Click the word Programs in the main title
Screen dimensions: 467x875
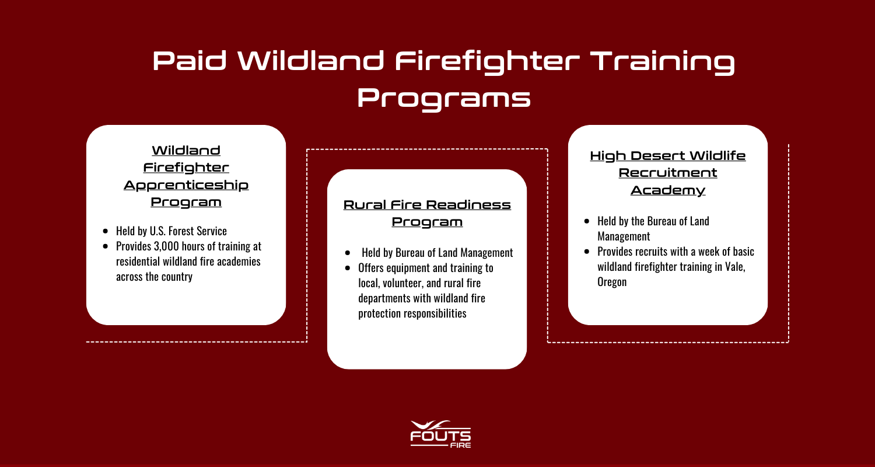(443, 97)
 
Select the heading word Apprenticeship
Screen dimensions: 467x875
(186, 185)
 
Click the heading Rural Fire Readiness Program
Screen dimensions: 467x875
(427, 214)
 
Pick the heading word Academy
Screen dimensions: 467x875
(668, 190)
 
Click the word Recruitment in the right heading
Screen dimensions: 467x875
(668, 173)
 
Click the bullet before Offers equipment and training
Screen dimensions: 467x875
(348, 269)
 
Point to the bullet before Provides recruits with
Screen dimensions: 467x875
(587, 252)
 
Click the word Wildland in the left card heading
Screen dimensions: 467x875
(186, 151)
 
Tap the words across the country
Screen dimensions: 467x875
(154, 277)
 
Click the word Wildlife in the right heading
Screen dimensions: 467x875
(718, 156)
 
